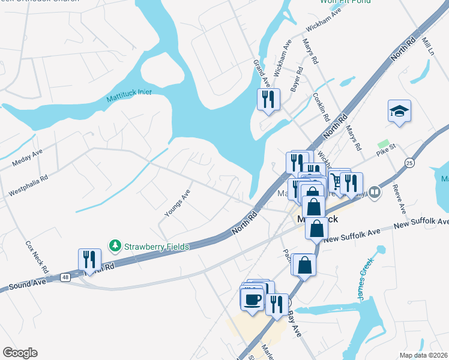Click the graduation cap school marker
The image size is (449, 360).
399,112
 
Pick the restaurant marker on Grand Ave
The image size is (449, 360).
268,99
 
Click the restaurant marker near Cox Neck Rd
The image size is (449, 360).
89,260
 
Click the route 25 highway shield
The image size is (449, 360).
409,162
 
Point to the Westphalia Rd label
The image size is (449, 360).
28,185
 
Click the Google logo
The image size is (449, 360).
20,353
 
